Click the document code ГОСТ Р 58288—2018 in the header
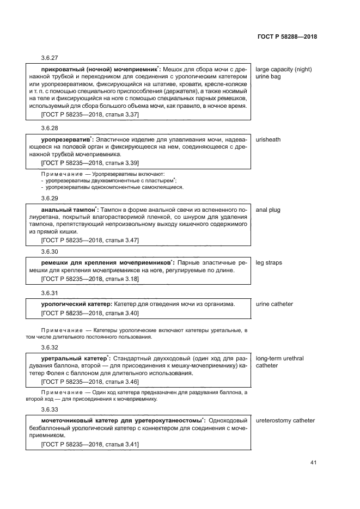click(x=286, y=37)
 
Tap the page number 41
click(x=313, y=463)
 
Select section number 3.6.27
click(x=50, y=57)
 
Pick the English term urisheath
click(x=269, y=139)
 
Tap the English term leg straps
click(x=269, y=262)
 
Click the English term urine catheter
click(x=274, y=304)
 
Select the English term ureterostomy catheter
click(x=285, y=420)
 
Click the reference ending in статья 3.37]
click(x=90, y=115)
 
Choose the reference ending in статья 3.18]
click(x=90, y=279)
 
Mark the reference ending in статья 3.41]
click(x=90, y=445)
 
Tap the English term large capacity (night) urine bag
click(x=283, y=73)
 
